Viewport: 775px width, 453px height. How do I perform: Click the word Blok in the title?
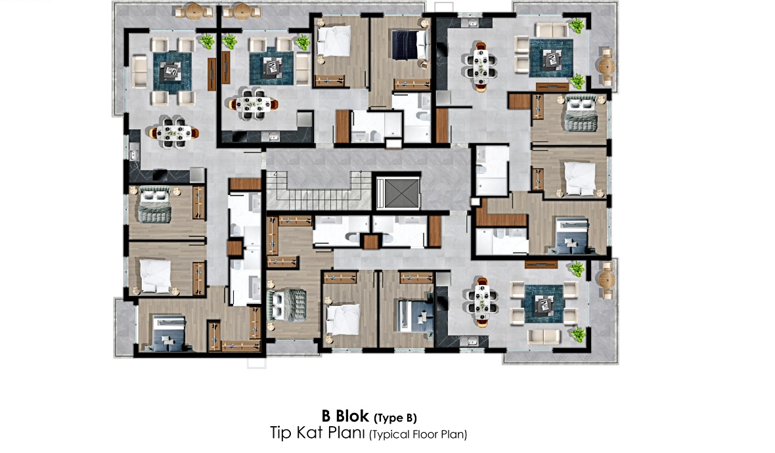click(352, 416)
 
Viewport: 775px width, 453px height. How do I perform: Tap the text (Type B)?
click(395, 418)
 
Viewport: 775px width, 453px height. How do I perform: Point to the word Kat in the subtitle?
click(311, 433)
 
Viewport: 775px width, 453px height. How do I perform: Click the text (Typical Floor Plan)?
click(418, 434)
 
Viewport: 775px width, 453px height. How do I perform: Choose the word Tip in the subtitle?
click(280, 433)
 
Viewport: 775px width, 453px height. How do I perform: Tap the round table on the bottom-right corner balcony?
click(606, 280)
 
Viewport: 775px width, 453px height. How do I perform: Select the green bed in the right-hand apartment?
click(581, 114)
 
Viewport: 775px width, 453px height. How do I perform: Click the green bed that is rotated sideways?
click(286, 305)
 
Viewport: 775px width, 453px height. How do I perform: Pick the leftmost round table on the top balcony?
click(194, 11)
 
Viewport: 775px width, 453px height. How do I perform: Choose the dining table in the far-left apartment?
click(175, 133)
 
